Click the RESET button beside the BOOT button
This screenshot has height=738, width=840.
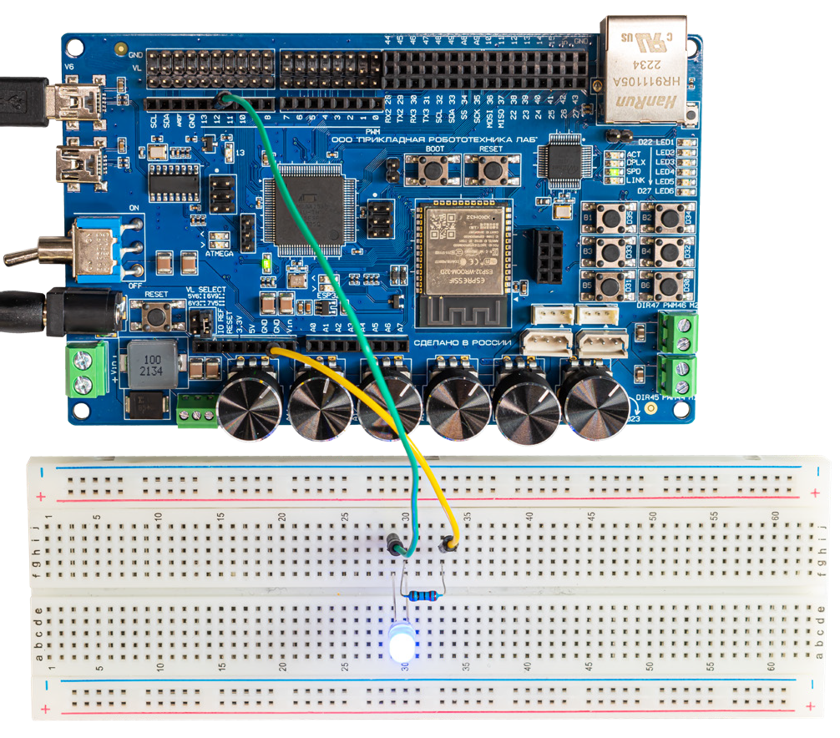click(x=491, y=170)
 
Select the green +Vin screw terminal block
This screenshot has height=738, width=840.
click(x=84, y=372)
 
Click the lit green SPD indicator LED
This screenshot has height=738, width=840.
click(x=615, y=172)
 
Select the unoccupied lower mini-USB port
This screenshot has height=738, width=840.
click(x=78, y=163)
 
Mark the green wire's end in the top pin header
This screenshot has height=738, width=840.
click(x=224, y=101)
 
